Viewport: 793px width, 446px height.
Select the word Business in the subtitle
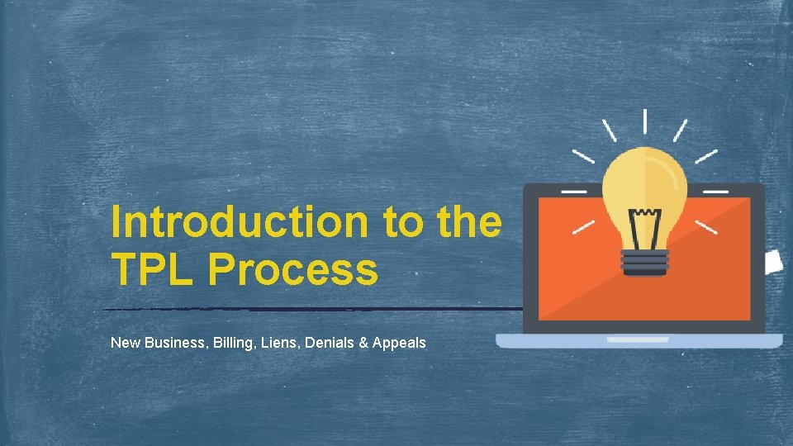pos(173,342)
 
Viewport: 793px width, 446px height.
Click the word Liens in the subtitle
pos(278,342)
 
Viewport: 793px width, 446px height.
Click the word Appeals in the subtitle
pos(399,342)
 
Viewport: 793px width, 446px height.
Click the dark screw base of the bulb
pos(644,263)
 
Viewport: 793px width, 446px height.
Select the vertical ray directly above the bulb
pos(644,121)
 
